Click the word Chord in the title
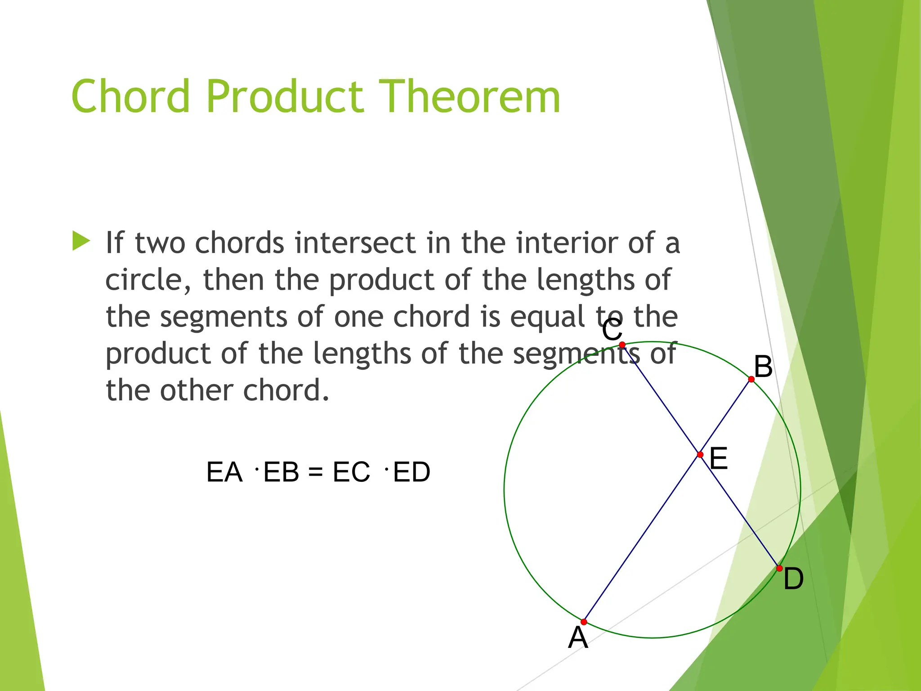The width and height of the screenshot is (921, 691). tap(130, 96)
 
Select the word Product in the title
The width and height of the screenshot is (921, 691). tap(284, 96)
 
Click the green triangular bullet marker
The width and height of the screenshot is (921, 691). tap(81, 241)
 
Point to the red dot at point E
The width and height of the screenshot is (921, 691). tap(700, 455)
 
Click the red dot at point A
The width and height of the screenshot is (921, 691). tap(584, 622)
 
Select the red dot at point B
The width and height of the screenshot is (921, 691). tap(751, 379)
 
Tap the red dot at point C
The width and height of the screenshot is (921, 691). tap(622, 345)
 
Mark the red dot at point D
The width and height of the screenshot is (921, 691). tap(779, 568)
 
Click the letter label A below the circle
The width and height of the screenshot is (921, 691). tap(578, 638)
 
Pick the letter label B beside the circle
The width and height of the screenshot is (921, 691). tap(763, 367)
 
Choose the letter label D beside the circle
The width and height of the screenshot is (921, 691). tap(793, 579)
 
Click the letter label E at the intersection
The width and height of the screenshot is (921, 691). tap(718, 459)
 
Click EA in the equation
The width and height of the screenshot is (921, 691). tap(224, 472)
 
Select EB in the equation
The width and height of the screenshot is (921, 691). tap(281, 472)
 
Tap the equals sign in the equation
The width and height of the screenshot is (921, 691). tap(316, 472)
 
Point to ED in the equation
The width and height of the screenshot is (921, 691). tap(411, 472)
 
